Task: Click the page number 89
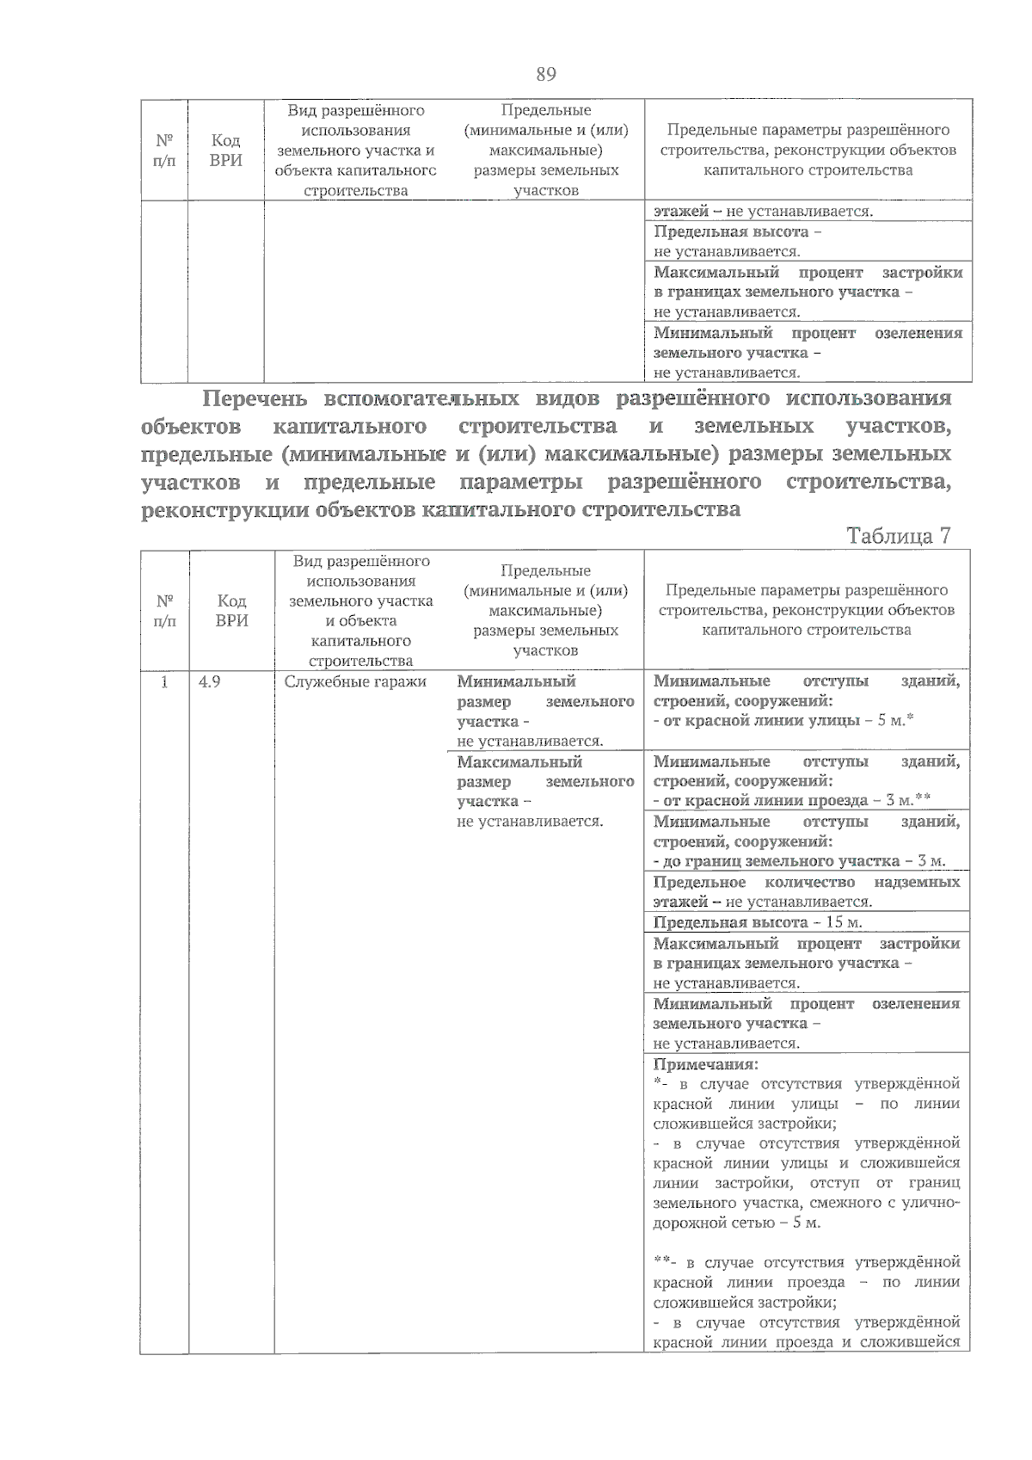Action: tap(545, 75)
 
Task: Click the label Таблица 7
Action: tap(898, 535)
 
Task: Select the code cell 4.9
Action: tap(210, 681)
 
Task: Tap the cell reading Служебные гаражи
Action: tap(355, 681)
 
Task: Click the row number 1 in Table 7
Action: tap(164, 681)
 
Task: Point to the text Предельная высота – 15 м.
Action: tap(757, 922)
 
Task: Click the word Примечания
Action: tap(704, 1063)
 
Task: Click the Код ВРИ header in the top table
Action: tap(225, 151)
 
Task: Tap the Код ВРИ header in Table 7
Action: tap(231, 610)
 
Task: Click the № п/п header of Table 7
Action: tap(164, 610)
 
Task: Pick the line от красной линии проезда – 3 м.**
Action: tap(792, 801)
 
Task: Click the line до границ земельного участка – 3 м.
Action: tap(799, 861)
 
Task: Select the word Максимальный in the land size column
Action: tap(519, 761)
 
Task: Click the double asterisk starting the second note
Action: tap(662, 1261)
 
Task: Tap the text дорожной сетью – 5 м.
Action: tap(736, 1223)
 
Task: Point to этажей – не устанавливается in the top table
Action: tap(763, 211)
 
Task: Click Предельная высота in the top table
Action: tap(731, 231)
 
